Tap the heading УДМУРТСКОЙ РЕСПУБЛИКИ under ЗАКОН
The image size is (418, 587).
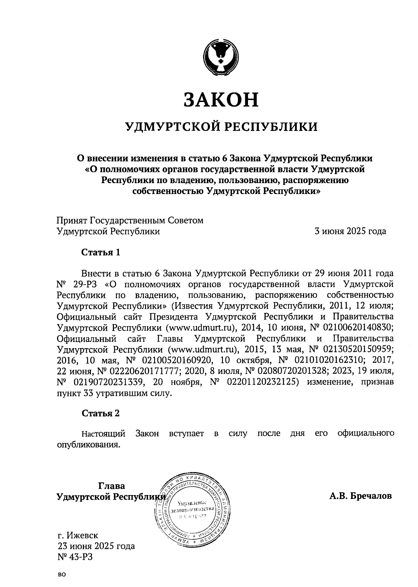tap(222, 127)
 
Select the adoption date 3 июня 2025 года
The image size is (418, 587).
tap(350, 231)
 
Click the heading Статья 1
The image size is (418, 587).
tap(101, 252)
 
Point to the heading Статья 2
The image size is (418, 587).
tap(101, 413)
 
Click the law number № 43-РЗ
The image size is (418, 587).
tap(75, 557)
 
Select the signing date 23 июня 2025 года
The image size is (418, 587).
tap(96, 546)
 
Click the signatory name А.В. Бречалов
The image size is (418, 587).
tap(361, 496)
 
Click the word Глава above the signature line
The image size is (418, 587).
tap(112, 485)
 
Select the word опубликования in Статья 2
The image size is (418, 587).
tap(88, 445)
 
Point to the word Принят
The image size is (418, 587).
tap(72, 220)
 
